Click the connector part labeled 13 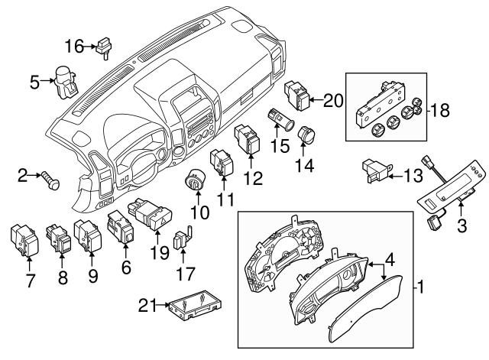pyautogui.click(x=374, y=170)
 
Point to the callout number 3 pyautogui.click(x=461, y=225)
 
